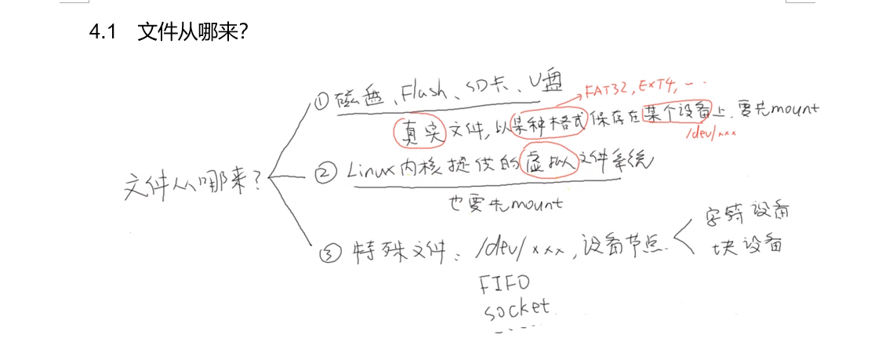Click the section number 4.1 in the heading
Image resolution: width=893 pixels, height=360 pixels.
click(103, 33)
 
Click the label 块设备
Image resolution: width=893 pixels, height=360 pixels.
click(746, 246)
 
